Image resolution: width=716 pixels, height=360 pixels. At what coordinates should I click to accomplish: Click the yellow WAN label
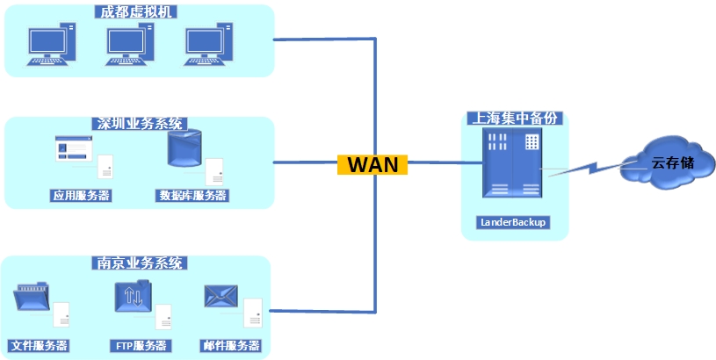click(x=372, y=164)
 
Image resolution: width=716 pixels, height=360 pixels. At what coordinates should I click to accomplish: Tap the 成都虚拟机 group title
click(x=139, y=12)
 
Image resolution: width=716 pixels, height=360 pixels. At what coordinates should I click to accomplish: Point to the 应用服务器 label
click(x=81, y=195)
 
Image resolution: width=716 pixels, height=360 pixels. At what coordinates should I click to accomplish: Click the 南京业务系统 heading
click(x=139, y=263)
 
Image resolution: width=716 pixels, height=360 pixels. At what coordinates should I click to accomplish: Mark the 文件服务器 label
click(x=39, y=345)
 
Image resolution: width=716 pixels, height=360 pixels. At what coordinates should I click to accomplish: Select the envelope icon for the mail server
click(x=221, y=298)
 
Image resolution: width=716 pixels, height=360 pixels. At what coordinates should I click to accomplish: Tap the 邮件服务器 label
click(x=230, y=345)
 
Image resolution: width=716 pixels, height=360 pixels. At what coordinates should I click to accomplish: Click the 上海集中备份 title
click(x=515, y=118)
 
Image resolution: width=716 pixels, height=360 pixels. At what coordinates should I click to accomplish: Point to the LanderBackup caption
click(x=513, y=222)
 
